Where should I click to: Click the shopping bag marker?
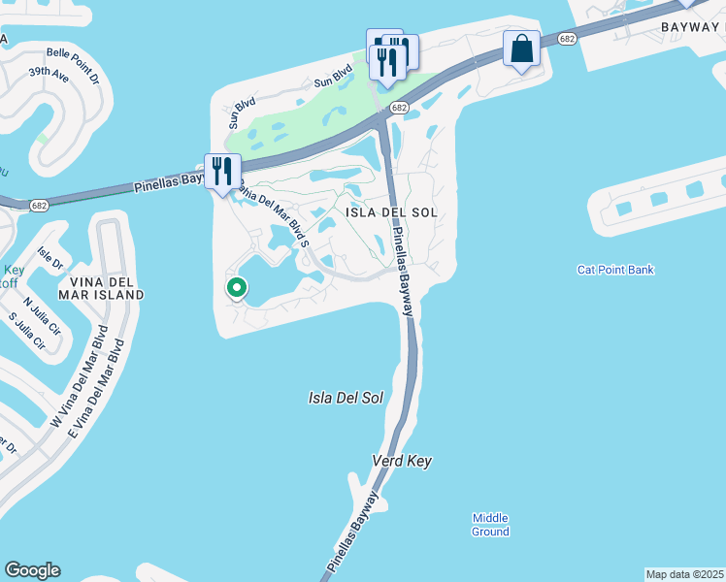[x=521, y=48]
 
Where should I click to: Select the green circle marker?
[x=236, y=287]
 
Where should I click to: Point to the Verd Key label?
[x=402, y=461]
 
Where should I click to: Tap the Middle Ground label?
[x=490, y=525]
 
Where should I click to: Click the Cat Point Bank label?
[x=615, y=270]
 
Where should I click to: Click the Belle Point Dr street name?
[x=73, y=54]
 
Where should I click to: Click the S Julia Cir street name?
[x=26, y=330]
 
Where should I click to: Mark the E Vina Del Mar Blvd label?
[x=96, y=385]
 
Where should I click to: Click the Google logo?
[x=32, y=570]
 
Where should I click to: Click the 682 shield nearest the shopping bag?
[x=568, y=39]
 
